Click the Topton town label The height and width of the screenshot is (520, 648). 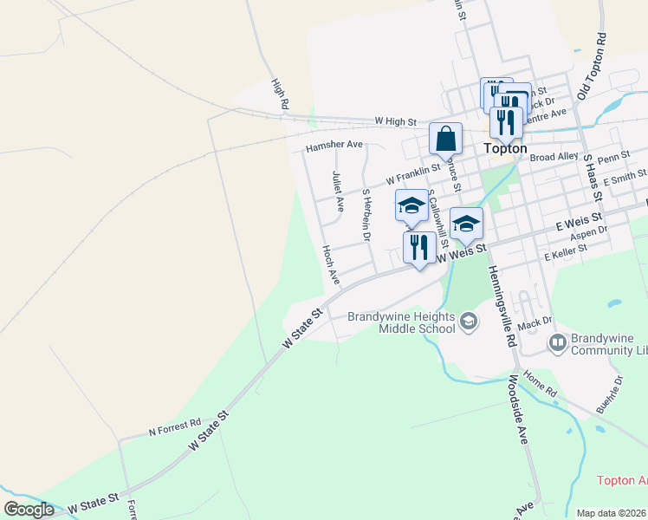click(506, 148)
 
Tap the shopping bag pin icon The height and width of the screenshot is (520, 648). click(445, 140)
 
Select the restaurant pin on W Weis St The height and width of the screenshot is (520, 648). click(419, 248)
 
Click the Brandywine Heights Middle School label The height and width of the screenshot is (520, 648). click(401, 322)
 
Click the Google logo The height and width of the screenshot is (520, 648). click(29, 510)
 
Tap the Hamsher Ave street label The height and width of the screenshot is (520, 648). click(334, 146)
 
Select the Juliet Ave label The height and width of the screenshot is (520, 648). click(338, 192)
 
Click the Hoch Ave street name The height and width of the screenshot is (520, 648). click(330, 264)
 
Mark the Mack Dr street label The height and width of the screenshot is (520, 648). click(528, 324)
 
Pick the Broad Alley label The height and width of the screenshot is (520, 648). click(554, 157)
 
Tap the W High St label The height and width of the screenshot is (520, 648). click(396, 122)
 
